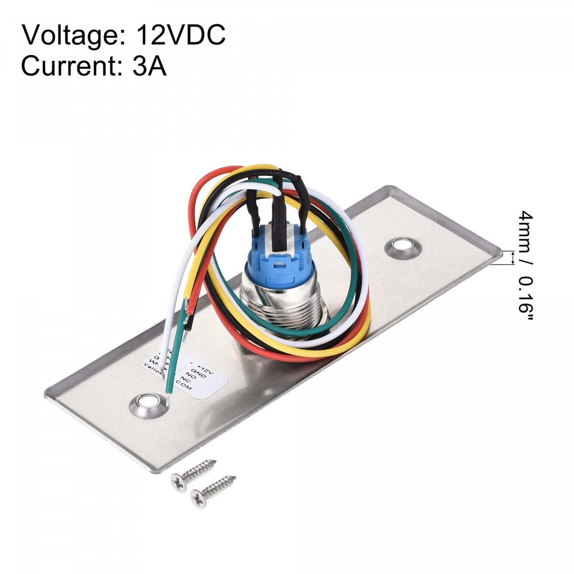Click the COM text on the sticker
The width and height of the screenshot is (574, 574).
(185, 388)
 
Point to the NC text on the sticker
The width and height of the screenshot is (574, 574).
(187, 381)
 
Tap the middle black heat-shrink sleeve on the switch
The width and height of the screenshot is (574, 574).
(276, 210)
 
